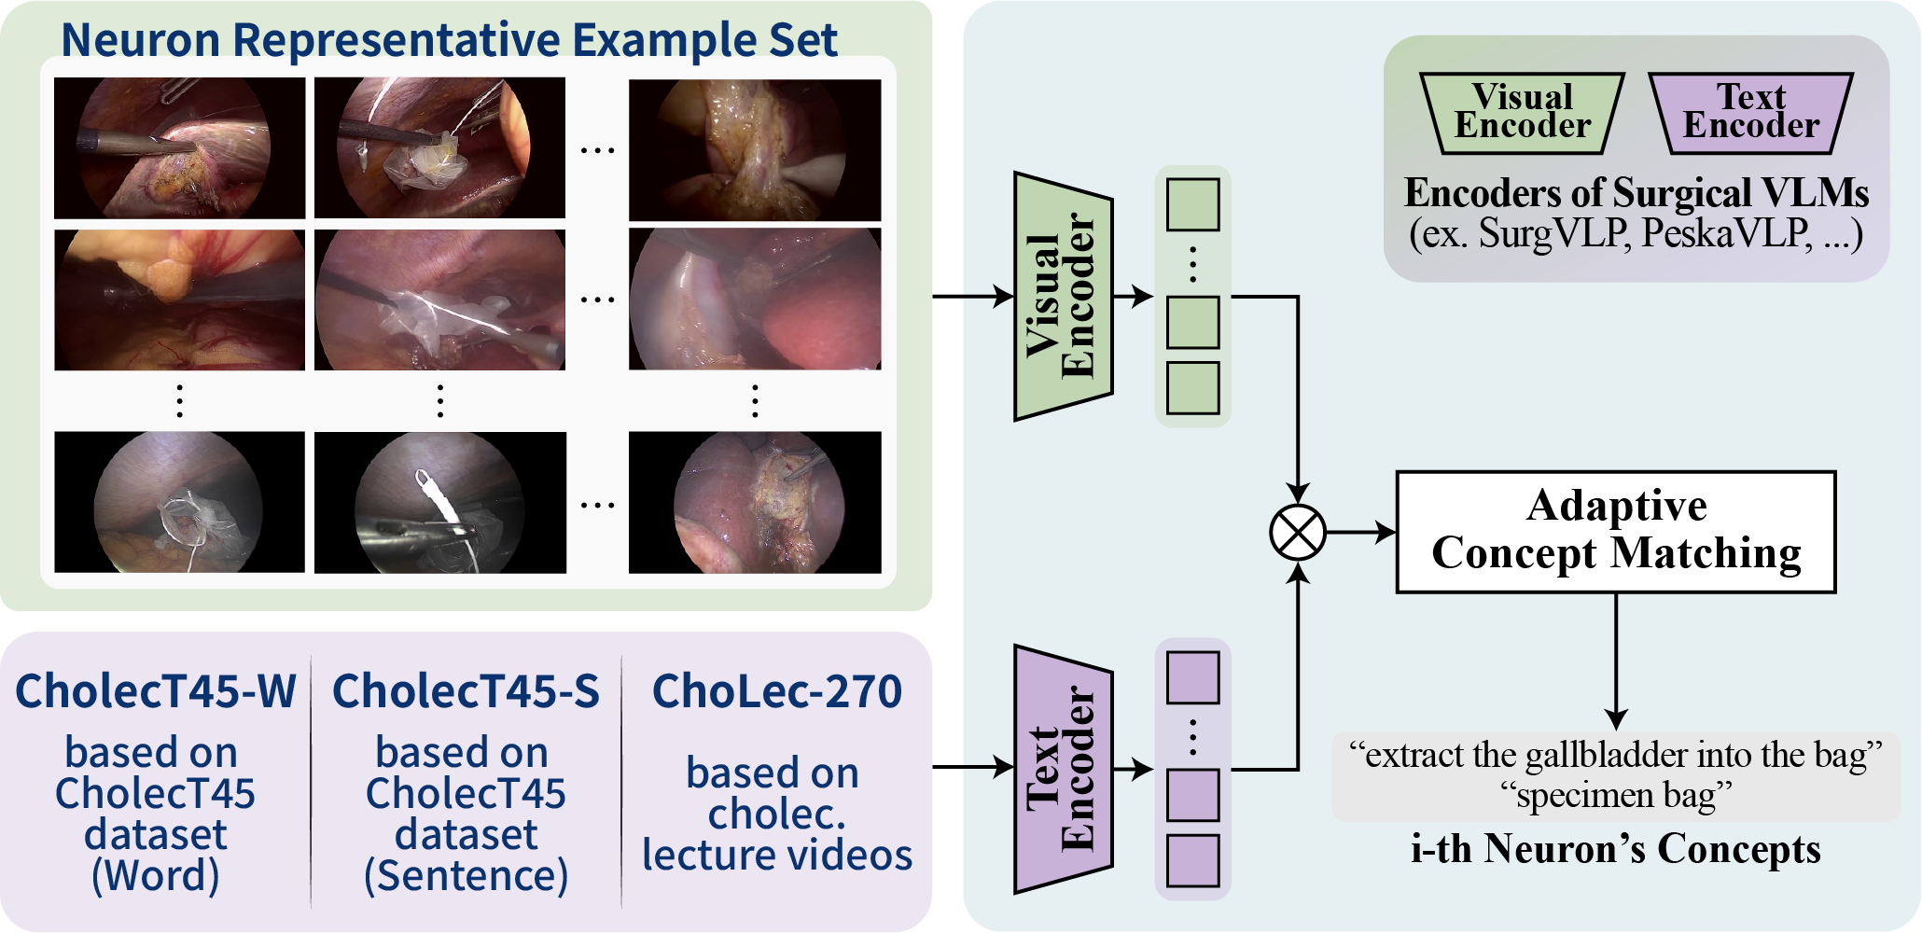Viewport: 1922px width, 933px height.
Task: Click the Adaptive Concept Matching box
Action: (x=1615, y=532)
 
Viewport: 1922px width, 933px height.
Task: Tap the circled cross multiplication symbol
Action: (x=1297, y=533)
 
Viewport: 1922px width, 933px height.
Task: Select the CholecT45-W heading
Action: (x=156, y=691)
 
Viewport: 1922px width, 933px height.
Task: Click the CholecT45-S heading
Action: (x=466, y=691)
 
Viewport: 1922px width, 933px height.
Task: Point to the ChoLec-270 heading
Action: (x=776, y=691)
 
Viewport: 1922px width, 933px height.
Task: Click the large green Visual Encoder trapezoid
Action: (x=1063, y=297)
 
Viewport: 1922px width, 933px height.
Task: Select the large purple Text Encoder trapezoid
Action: (x=1063, y=769)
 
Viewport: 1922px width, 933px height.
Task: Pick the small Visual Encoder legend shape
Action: (x=1523, y=112)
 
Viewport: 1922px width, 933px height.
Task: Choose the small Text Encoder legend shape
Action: (x=1751, y=112)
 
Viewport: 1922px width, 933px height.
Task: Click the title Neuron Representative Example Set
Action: (x=449, y=39)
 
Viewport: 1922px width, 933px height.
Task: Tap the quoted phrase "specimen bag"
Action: (x=1616, y=796)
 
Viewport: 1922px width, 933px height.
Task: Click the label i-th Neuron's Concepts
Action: (x=1615, y=849)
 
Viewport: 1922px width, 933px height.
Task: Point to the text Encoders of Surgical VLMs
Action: (x=1636, y=193)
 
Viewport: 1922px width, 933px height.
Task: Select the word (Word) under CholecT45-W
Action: (x=156, y=875)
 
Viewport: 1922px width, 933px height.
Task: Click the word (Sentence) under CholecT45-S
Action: (x=466, y=875)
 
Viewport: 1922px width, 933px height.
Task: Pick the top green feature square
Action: (x=1192, y=204)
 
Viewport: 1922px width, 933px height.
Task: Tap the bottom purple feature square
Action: (x=1192, y=860)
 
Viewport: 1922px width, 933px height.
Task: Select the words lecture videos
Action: (x=776, y=855)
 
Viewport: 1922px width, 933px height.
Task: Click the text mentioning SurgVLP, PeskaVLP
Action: (x=1636, y=233)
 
